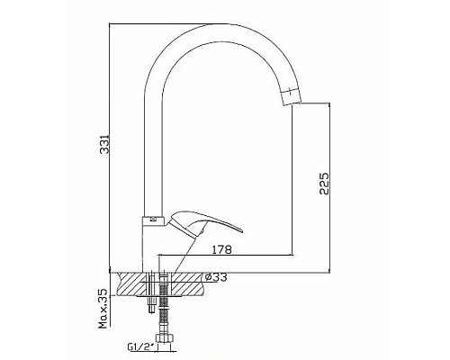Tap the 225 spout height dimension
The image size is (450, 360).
[324, 184]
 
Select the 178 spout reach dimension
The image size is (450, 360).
[222, 249]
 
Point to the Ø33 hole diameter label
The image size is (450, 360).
[216, 277]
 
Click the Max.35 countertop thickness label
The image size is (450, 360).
[103, 309]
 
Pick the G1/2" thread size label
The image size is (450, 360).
[140, 347]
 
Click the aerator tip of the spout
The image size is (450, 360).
[292, 95]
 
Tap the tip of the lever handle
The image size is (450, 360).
[239, 230]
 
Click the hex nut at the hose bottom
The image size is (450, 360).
[164, 337]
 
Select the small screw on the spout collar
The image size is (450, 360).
[153, 219]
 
